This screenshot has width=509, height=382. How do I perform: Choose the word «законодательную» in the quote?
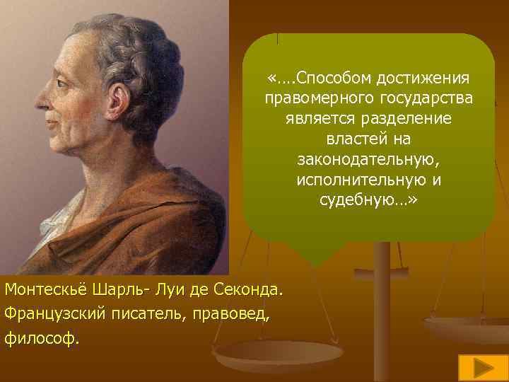pyautogui.click(x=368, y=159)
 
